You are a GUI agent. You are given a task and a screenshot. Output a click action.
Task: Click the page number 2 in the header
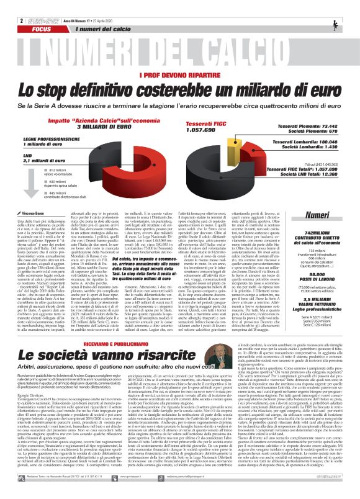[4, 4]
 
